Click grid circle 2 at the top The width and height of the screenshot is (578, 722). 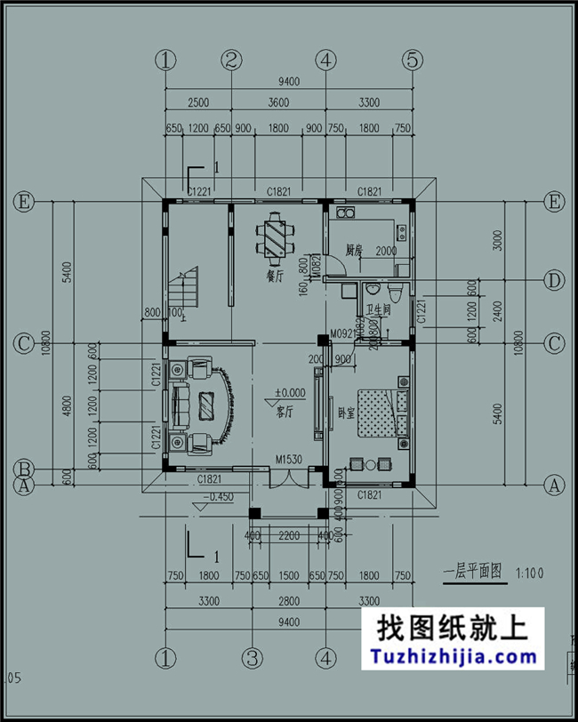[x=231, y=60]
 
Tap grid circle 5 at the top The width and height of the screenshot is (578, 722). [x=412, y=60]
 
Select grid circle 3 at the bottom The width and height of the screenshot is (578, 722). [x=253, y=658]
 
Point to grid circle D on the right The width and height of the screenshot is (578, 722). [x=555, y=281]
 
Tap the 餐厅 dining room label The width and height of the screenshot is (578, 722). [x=274, y=276]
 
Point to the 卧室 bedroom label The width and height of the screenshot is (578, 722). [x=342, y=414]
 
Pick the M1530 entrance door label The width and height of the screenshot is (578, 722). [x=289, y=460]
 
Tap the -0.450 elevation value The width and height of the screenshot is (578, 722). [x=219, y=497]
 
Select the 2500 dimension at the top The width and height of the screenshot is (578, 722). [x=197, y=103]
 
